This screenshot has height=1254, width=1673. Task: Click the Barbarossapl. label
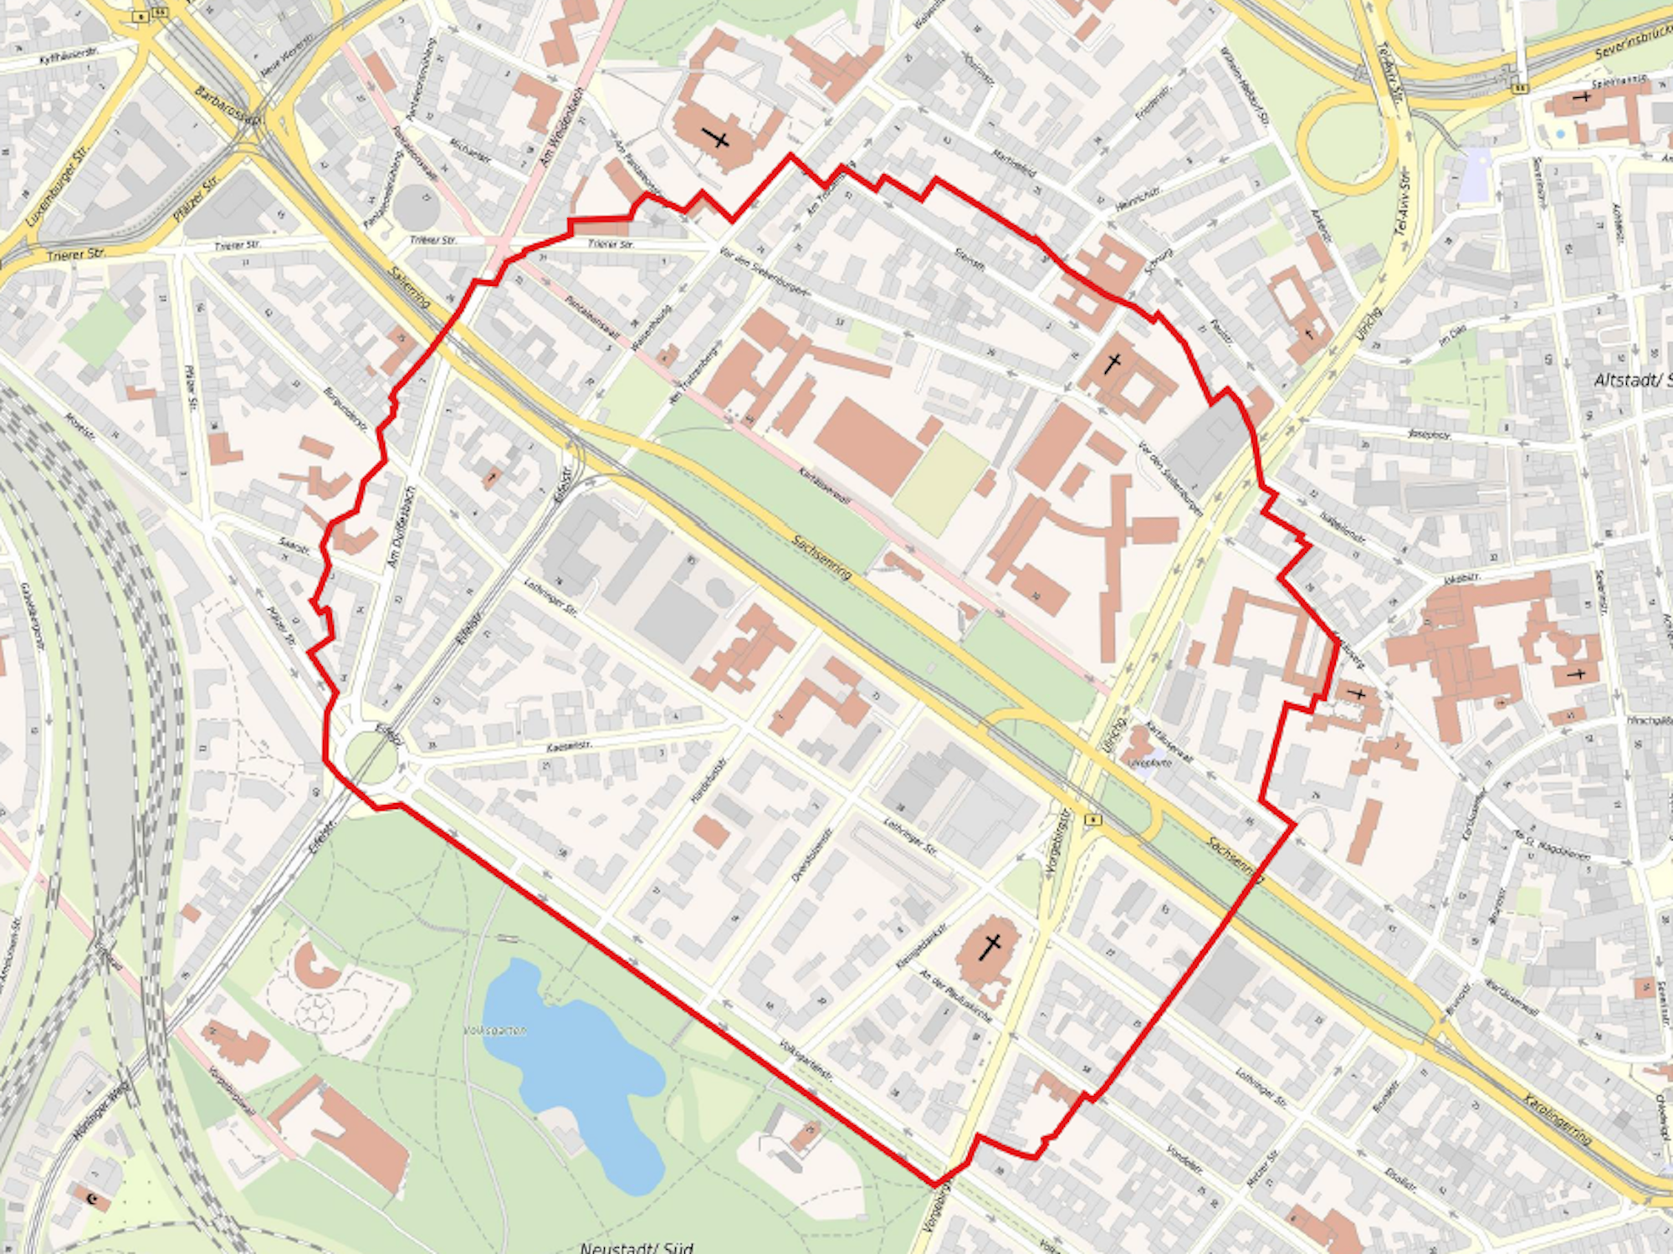click(x=228, y=104)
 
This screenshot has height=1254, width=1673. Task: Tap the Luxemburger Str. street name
click(x=57, y=186)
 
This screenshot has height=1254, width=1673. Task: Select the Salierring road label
click(x=410, y=287)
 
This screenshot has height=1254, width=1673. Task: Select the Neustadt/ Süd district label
click(x=637, y=1247)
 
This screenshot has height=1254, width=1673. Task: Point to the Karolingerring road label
click(x=1557, y=1118)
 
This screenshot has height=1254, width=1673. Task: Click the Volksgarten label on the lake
click(x=495, y=1030)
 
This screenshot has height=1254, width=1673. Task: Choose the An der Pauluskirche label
click(x=955, y=996)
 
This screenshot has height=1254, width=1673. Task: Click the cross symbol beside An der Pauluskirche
click(x=990, y=947)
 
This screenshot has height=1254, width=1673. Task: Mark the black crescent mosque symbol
click(x=93, y=1201)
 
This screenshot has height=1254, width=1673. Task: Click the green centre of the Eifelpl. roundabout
click(x=371, y=756)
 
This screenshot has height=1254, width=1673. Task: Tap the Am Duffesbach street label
click(x=402, y=527)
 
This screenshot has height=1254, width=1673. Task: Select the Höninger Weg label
click(x=101, y=1109)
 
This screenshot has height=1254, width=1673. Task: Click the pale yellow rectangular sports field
click(x=940, y=484)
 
